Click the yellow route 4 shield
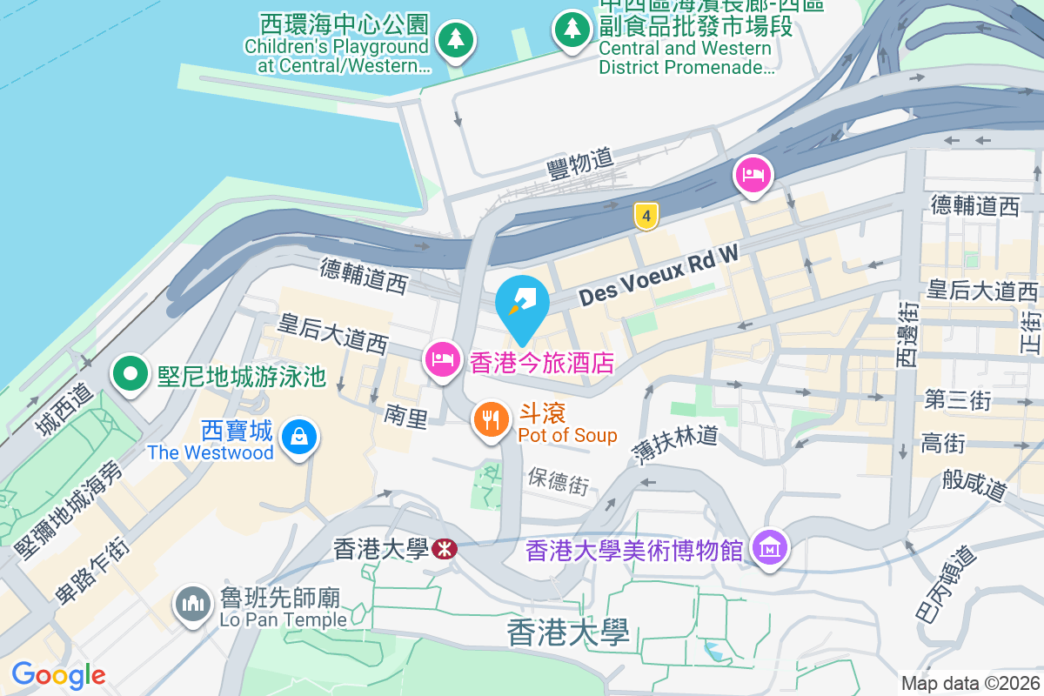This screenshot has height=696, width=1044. (x=645, y=216)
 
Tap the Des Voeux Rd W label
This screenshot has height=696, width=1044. (x=658, y=275)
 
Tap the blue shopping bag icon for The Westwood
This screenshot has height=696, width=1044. (x=299, y=437)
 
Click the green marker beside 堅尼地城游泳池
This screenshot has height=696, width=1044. (x=130, y=376)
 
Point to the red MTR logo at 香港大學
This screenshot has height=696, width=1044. (x=445, y=549)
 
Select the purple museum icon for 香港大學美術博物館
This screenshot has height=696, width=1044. (x=770, y=549)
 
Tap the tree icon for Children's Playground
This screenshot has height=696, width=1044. (x=454, y=39)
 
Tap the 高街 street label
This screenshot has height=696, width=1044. (x=942, y=444)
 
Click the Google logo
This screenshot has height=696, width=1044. (x=58, y=675)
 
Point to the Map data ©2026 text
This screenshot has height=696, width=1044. (x=969, y=684)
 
